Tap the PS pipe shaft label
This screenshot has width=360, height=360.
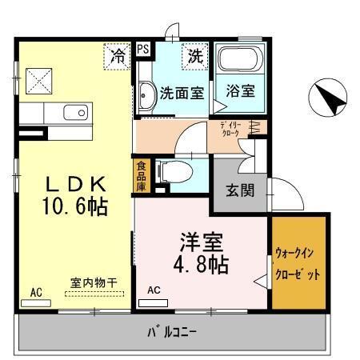142,50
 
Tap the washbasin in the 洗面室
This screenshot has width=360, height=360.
146,96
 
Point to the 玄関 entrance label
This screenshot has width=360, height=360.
239,190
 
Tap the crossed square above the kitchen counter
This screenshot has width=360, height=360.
37,80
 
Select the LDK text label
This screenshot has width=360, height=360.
75,183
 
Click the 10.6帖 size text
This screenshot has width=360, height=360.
75,207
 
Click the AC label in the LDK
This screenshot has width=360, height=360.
37,292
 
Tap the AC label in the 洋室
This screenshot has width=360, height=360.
154,290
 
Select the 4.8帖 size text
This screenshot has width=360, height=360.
202,263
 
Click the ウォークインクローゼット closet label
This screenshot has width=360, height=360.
299,263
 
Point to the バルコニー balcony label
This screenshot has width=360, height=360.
171,330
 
